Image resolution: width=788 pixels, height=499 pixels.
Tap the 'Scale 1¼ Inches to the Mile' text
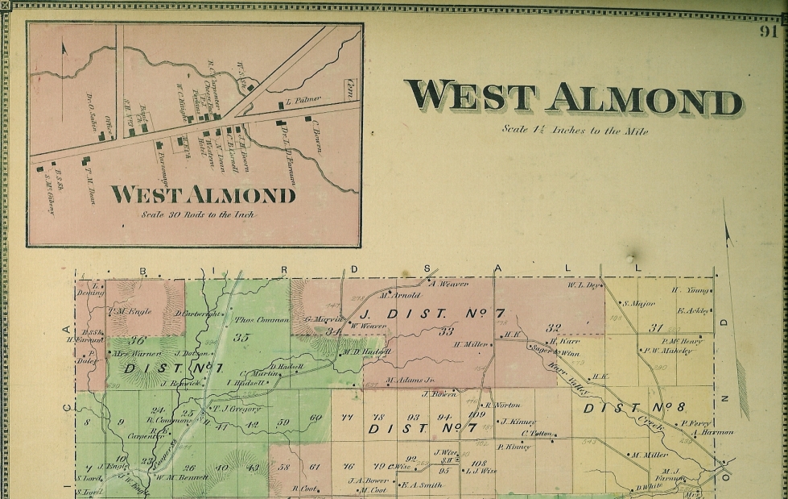click(574, 129)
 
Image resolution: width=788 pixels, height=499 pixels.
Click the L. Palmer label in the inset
click(303, 100)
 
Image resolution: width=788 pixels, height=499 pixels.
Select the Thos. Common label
click(261, 319)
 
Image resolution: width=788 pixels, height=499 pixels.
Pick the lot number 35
click(241, 338)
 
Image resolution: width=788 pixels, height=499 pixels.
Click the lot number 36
click(138, 340)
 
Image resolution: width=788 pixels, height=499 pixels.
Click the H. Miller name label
click(471, 344)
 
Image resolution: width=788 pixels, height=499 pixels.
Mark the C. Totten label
click(537, 434)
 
